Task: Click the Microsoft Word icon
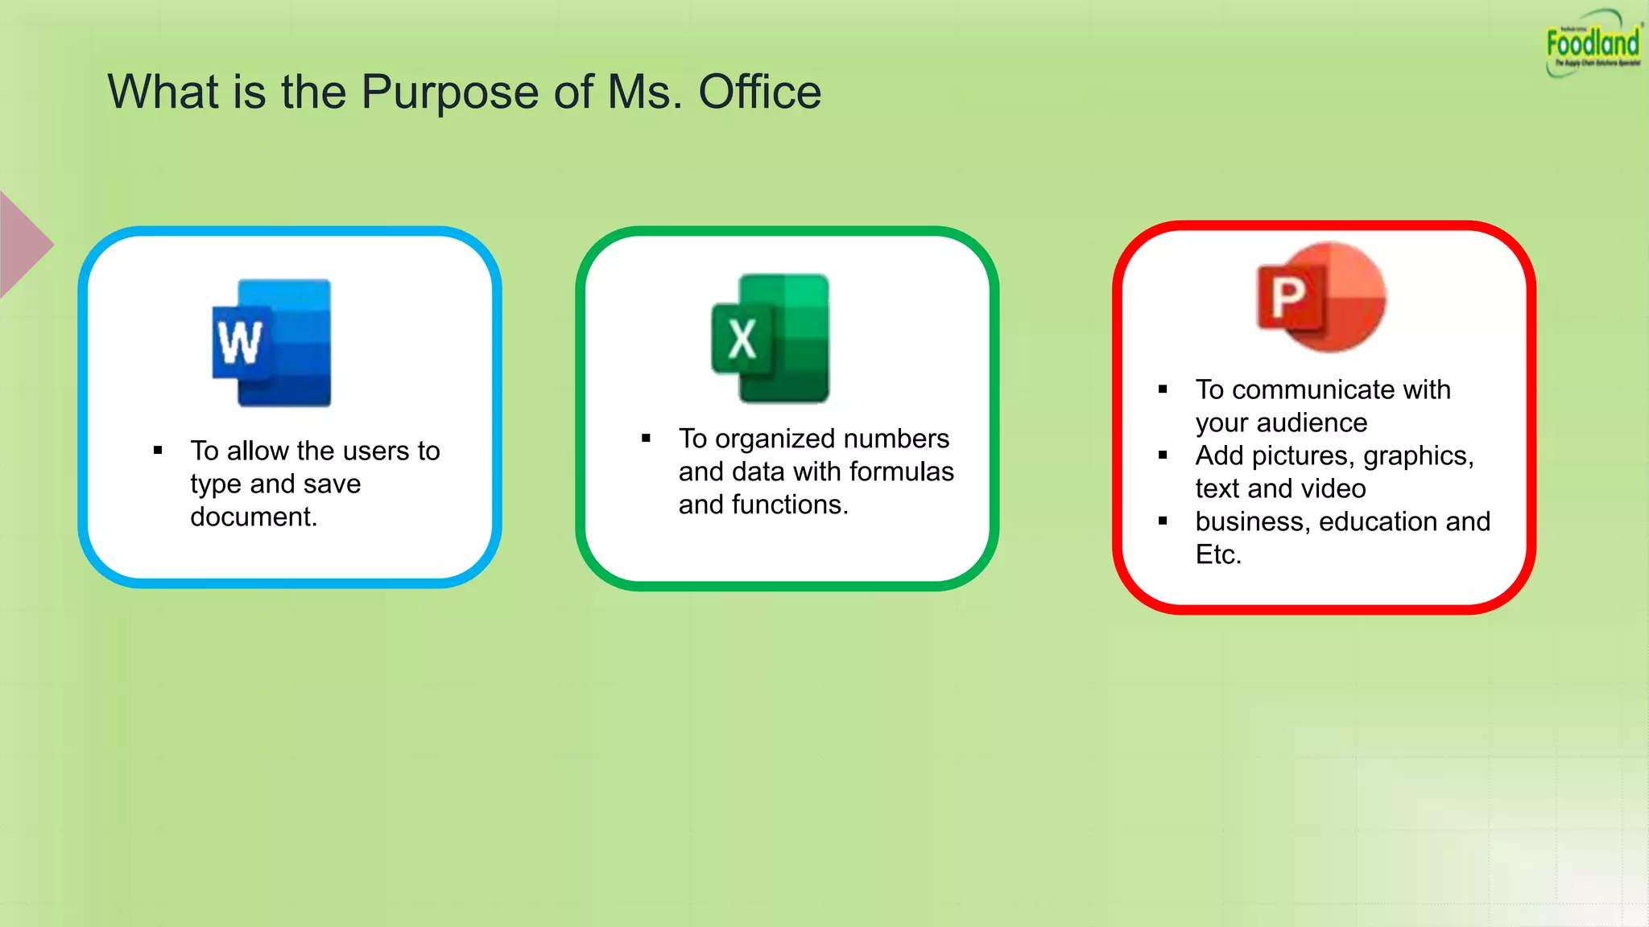[x=272, y=343]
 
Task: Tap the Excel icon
[x=771, y=338]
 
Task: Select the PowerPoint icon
[x=1321, y=297]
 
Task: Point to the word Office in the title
[x=759, y=92]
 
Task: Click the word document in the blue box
[x=253, y=517]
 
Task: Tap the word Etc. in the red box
[x=1218, y=554]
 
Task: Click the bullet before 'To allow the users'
[x=158, y=451]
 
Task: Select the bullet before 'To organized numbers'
[x=646, y=439]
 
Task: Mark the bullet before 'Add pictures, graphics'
[x=1163, y=455]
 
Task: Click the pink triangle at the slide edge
[x=23, y=245]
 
